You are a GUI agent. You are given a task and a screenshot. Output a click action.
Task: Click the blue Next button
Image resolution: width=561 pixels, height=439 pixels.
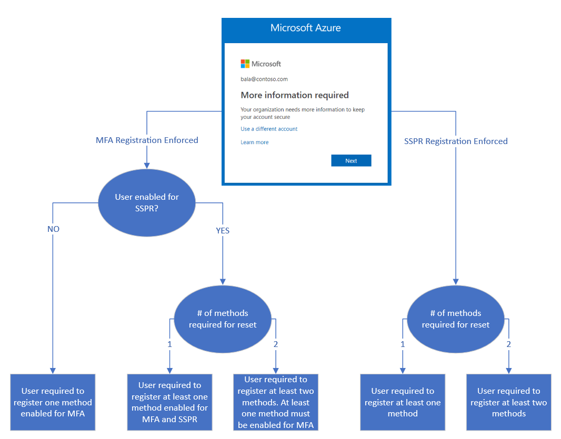click(x=351, y=161)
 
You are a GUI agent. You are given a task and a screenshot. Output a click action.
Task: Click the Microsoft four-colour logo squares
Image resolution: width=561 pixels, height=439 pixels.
click(x=245, y=64)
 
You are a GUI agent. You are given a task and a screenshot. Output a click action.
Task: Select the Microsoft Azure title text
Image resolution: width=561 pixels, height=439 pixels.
click(x=306, y=28)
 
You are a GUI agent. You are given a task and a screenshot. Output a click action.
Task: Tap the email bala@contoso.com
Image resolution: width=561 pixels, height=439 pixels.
click(x=264, y=79)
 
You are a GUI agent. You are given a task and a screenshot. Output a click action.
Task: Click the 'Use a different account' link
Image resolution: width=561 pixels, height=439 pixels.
click(x=269, y=129)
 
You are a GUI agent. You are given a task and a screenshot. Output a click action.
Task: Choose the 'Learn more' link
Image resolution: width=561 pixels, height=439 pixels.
click(x=254, y=142)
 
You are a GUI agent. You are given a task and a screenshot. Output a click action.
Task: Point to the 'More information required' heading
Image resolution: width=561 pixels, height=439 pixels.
click(x=295, y=95)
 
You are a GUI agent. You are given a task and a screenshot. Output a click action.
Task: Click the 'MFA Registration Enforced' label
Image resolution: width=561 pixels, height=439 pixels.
click(x=147, y=140)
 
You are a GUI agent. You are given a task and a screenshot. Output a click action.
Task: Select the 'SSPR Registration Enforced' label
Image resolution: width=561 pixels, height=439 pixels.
click(x=456, y=141)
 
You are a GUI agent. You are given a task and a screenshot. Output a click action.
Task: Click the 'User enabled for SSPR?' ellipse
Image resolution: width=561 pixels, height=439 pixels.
click(x=147, y=203)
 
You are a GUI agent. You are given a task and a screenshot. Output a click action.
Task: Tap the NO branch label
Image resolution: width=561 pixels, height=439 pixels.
click(x=53, y=229)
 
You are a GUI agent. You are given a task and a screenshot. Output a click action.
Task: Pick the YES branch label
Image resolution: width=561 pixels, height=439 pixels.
click(x=223, y=230)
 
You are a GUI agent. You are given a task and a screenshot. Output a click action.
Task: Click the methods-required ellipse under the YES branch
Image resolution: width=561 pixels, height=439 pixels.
click(x=223, y=319)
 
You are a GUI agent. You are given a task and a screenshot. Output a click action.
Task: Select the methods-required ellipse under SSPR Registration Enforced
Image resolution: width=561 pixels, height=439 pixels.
click(x=456, y=319)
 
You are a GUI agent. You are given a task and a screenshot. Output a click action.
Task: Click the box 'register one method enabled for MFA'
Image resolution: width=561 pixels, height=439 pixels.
click(x=53, y=402)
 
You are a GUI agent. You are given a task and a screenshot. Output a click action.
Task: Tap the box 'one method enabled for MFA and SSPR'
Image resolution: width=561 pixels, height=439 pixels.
click(x=169, y=402)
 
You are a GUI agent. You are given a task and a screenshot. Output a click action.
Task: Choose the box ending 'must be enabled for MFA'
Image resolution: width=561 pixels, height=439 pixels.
click(x=276, y=402)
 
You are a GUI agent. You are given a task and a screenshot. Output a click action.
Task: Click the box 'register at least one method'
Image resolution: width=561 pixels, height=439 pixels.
click(x=403, y=402)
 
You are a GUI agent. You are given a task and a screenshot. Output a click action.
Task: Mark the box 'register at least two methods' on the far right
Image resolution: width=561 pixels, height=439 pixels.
click(x=508, y=402)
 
